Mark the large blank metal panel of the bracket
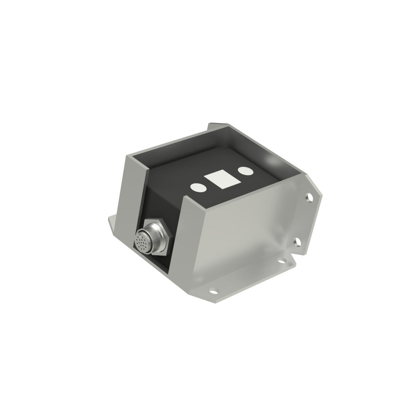(x=245, y=236)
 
